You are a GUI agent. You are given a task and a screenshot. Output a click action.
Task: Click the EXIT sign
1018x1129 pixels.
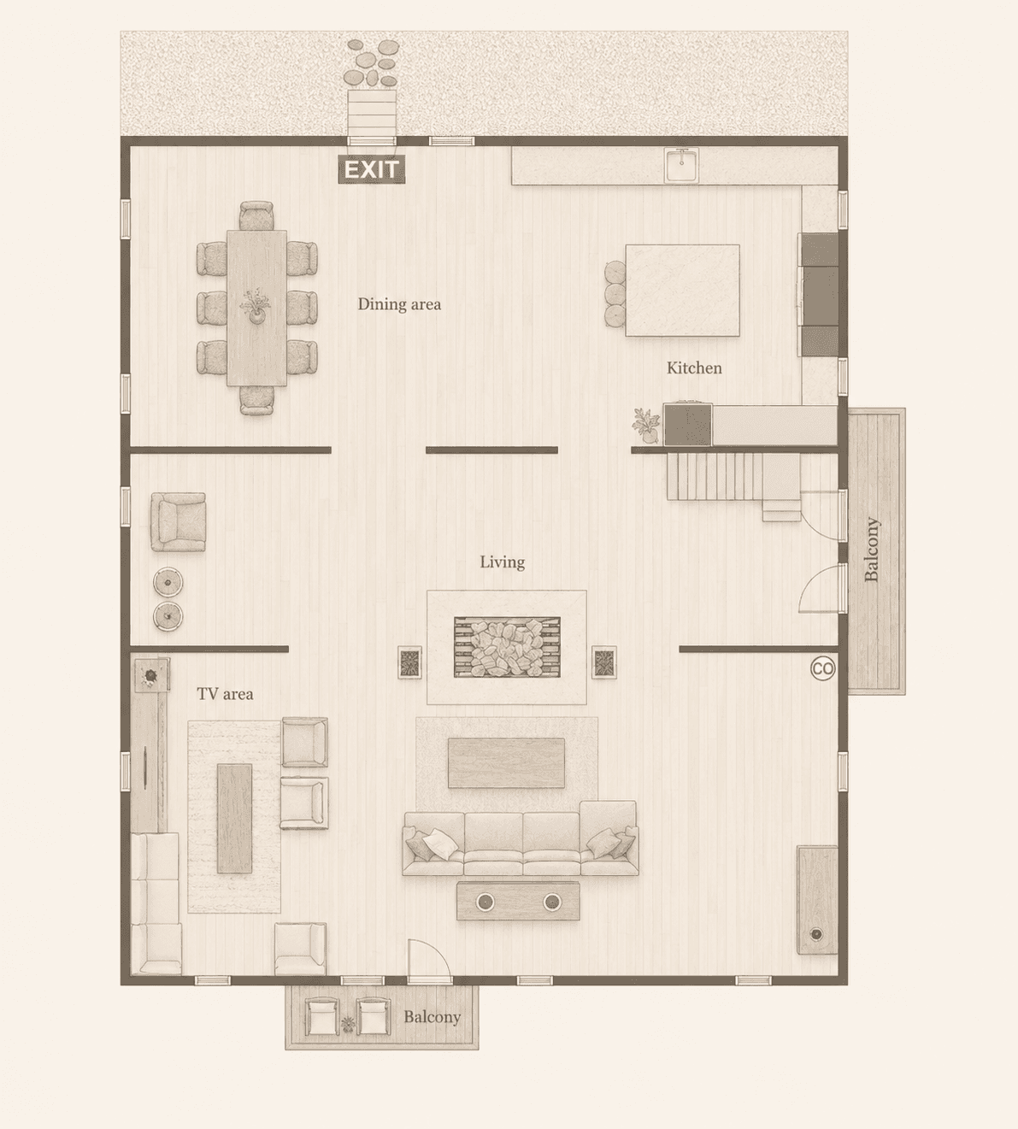click(371, 169)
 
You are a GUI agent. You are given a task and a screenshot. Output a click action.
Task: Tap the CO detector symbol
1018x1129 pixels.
click(822, 668)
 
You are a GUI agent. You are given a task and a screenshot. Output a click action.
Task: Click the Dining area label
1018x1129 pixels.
click(399, 304)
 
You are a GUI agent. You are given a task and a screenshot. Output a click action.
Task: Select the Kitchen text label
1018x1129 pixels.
click(694, 368)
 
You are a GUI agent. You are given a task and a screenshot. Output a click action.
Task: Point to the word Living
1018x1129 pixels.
click(503, 562)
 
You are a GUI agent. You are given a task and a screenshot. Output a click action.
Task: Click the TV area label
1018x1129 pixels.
click(225, 694)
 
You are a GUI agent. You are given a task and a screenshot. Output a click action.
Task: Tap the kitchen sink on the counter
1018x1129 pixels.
click(681, 165)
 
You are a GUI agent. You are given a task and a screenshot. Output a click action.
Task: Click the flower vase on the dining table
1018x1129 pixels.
click(256, 307)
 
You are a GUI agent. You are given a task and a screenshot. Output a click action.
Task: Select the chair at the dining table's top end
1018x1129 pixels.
click(256, 215)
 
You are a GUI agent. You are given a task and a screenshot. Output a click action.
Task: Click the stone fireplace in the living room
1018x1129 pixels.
click(507, 647)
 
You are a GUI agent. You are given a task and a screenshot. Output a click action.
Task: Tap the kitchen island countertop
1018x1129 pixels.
click(682, 291)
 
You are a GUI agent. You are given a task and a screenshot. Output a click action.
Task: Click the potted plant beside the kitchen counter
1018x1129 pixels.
click(646, 426)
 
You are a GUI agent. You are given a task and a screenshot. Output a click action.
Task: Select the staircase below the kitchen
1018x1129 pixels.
click(733, 482)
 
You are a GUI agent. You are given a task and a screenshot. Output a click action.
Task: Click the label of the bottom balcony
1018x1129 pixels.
click(432, 1017)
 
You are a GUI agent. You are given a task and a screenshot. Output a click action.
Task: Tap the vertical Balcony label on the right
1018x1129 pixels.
click(872, 550)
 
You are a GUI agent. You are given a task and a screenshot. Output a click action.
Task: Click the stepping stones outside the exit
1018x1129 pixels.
click(372, 62)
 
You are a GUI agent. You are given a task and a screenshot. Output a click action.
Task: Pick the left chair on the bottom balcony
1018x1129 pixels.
click(321, 1016)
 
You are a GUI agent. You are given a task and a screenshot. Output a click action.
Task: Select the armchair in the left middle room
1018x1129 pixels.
click(178, 521)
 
